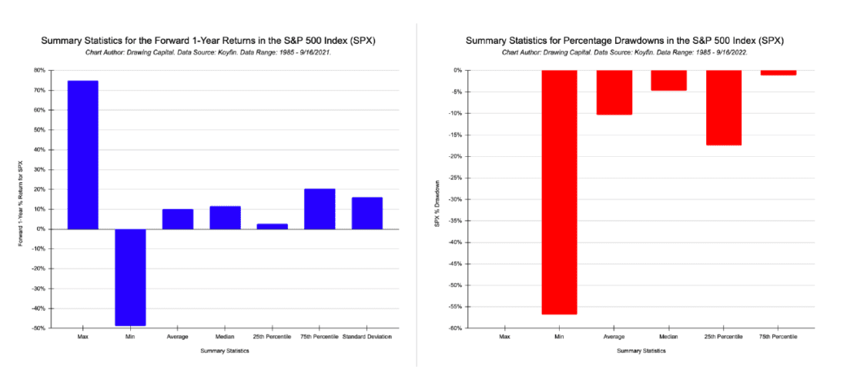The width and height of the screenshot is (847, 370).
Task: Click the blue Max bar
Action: pyautogui.click(x=82, y=154)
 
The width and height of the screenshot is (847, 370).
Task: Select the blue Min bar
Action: pyautogui.click(x=130, y=277)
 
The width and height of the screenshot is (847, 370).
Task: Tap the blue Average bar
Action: pyautogui.click(x=177, y=219)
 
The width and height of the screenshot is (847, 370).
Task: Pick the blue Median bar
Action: pyautogui.click(x=225, y=218)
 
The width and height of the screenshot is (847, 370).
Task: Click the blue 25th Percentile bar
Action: pyautogui.click(x=272, y=226)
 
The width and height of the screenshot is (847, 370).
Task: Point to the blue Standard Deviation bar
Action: pyautogui.click(x=367, y=213)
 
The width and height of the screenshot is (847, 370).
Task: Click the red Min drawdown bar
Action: pyautogui.click(x=559, y=192)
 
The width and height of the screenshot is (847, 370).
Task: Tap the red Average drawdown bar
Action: pyautogui.click(x=614, y=92)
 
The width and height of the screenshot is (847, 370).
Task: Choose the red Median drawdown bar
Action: pyautogui.click(x=668, y=80)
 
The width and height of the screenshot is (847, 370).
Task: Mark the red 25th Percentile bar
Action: pyautogui.click(x=723, y=108)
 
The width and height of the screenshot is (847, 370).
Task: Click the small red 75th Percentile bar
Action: pyautogui.click(x=778, y=72)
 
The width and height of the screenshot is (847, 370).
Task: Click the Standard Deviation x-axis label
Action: pyautogui.click(x=367, y=337)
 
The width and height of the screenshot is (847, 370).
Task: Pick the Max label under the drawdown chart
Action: pyautogui.click(x=504, y=337)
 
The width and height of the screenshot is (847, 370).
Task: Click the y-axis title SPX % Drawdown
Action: pyautogui.click(x=437, y=199)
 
